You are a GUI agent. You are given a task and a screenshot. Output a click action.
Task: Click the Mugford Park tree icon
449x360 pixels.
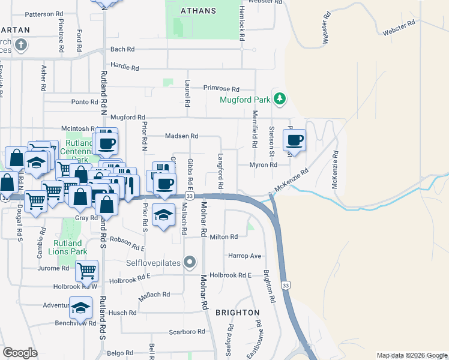pos(279,98)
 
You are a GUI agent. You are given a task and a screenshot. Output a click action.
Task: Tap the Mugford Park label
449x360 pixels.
pos(245,100)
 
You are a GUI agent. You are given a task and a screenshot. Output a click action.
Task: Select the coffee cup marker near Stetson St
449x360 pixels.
pos(294,142)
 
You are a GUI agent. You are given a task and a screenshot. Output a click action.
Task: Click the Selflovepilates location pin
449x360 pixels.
pos(190,262)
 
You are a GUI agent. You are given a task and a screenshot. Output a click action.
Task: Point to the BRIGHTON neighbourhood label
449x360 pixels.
pos(238,313)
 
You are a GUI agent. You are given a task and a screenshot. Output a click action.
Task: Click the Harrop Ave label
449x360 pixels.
pos(245,256)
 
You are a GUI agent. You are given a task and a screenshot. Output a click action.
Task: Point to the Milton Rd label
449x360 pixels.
pos(224,237)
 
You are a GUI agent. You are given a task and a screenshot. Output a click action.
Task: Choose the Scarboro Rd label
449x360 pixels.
pos(187,331)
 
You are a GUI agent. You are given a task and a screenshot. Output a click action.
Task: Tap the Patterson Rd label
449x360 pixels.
pos(44,13)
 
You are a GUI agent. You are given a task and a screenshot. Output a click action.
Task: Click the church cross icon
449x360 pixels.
pos(20,44)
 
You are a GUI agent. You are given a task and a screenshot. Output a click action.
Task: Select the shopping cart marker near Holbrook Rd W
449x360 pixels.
pos(86,272)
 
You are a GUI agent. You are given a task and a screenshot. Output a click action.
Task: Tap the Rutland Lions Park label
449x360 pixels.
pos(67,247)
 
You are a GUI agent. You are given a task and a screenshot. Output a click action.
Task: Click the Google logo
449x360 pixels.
pos(20,352)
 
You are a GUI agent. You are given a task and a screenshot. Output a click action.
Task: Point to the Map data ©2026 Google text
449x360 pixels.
pos(411,355)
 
